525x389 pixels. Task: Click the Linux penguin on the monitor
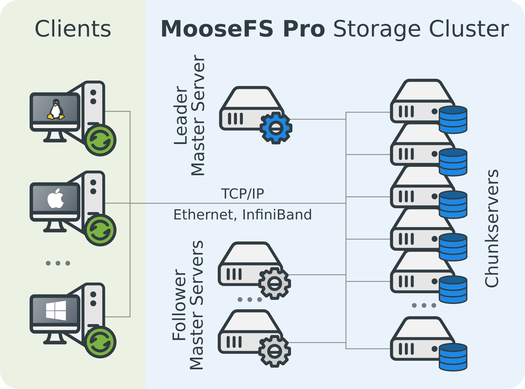55,109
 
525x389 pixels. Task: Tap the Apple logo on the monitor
55,199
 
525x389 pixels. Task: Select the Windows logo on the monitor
56,310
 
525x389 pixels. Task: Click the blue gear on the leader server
276,128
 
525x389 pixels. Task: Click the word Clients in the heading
73,29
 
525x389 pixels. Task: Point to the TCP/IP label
243,194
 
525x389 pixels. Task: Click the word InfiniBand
277,215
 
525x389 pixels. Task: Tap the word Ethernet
203,215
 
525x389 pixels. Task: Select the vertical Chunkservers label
492,228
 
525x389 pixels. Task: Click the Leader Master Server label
189,115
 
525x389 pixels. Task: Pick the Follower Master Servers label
188,305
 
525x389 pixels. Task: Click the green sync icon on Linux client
100,140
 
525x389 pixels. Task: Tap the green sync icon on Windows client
100,342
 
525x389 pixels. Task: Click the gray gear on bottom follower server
275,351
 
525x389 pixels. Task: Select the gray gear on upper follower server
275,283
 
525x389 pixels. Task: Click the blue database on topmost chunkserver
453,119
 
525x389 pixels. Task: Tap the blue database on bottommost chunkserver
453,357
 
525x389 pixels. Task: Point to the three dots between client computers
58,263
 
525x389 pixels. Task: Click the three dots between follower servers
250,299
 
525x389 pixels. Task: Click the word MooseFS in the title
217,29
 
